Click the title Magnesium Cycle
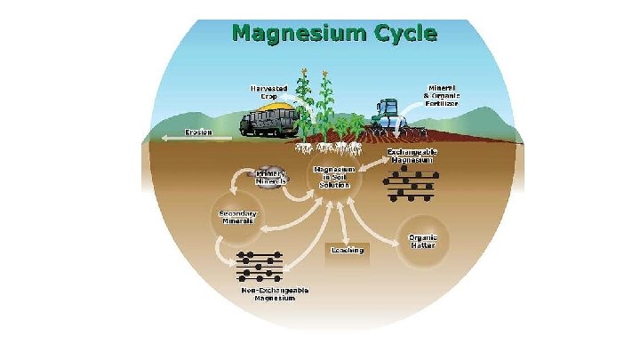coord(334,34)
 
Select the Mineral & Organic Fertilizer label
coord(442,96)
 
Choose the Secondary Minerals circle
coord(237,217)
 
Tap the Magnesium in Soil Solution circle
coord(334,176)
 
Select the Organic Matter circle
coord(422,241)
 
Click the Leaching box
coord(348,251)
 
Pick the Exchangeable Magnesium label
coord(412,156)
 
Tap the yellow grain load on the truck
coord(270,106)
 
